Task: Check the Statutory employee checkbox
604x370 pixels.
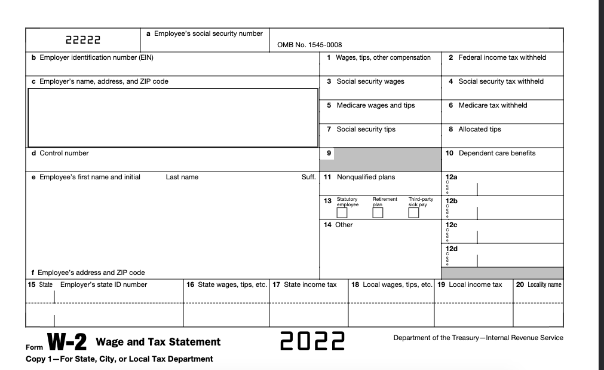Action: pyautogui.click(x=342, y=213)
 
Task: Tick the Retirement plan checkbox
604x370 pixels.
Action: pyautogui.click(x=378, y=213)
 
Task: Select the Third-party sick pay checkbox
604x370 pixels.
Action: pyautogui.click(x=413, y=213)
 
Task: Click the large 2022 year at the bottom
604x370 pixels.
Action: pyautogui.click(x=314, y=343)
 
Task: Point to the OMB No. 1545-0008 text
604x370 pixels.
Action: pyautogui.click(x=309, y=45)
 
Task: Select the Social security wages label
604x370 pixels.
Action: pyautogui.click(x=370, y=81)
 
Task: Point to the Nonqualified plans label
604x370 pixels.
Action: pyautogui.click(x=365, y=177)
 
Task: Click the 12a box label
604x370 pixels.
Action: pyautogui.click(x=452, y=177)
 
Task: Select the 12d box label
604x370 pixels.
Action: pyautogui.click(x=452, y=247)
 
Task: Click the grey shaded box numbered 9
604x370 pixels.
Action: pyautogui.click(x=385, y=159)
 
